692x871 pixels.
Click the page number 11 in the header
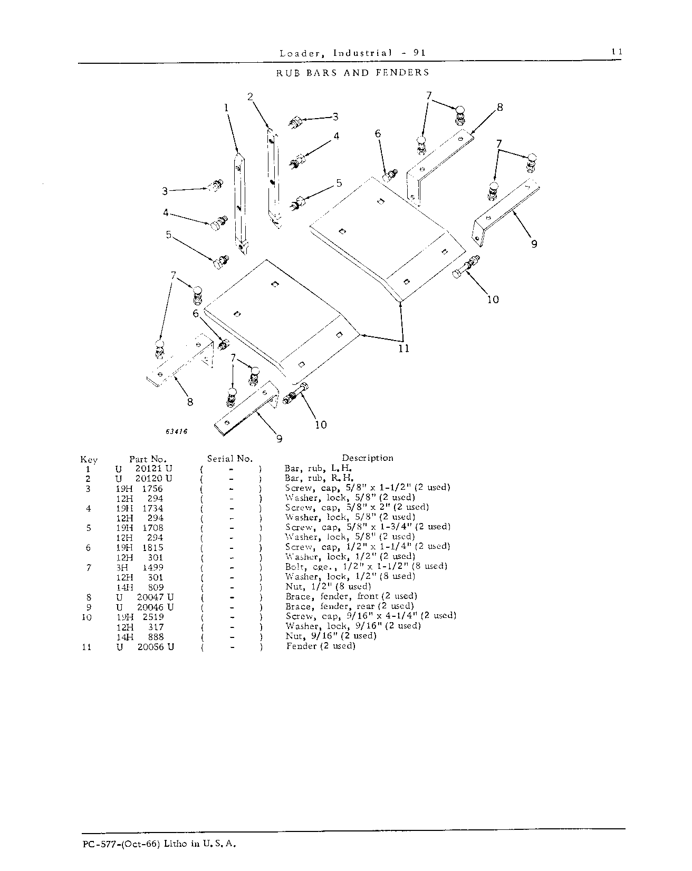click(x=617, y=52)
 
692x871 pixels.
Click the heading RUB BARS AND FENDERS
click(x=353, y=72)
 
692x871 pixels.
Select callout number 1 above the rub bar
click(x=226, y=108)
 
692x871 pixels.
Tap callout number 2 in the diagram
click(x=250, y=96)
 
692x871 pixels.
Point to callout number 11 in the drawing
click(x=403, y=349)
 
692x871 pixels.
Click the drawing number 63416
click(x=176, y=431)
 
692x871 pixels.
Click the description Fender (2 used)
click(x=321, y=646)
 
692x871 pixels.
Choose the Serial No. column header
click(x=229, y=459)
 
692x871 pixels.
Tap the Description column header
click(x=368, y=458)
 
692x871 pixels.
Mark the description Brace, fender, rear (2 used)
click(x=350, y=606)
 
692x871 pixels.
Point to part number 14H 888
click(x=140, y=636)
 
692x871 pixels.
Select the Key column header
click(x=89, y=460)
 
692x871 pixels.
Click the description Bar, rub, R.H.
click(x=319, y=479)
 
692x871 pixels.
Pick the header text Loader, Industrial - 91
click(x=352, y=52)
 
